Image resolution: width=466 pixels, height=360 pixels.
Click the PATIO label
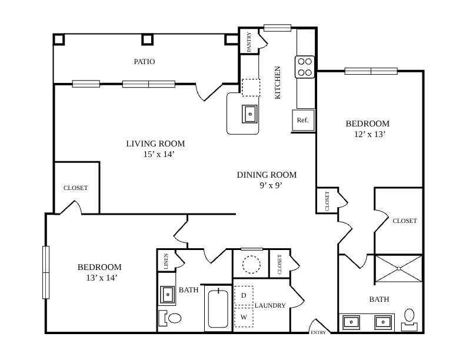pos(144,62)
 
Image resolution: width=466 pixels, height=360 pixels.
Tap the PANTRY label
pos(249,42)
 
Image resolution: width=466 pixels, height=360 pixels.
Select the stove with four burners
pos(305,67)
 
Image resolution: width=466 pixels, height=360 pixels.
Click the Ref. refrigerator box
pos(303,121)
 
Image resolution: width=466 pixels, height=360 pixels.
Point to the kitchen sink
pos(249,114)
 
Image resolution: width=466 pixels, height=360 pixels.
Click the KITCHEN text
pos(277,82)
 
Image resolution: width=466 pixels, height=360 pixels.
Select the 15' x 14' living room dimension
pos(158,155)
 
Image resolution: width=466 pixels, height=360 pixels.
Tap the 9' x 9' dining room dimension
pos(271,186)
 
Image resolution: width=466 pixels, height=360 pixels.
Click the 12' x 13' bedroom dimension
pos(370,134)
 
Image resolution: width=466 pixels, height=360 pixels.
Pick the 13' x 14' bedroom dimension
pos(101,278)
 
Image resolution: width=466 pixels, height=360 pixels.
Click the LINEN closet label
pos(166,261)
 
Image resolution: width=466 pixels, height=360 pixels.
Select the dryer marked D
pos(244,295)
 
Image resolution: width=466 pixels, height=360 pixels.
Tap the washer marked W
pos(244,317)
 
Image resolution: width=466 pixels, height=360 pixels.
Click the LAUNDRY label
pos(270,305)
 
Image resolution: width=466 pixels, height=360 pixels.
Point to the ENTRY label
pos(318,333)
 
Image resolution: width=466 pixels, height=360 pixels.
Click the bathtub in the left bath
pos(218,308)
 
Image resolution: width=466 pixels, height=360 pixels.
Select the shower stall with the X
pos(399,268)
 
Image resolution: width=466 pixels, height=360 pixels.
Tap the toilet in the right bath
pos(410,319)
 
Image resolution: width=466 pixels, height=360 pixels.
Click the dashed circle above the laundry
pos(251,264)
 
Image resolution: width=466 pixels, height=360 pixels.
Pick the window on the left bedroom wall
pos(46,272)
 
